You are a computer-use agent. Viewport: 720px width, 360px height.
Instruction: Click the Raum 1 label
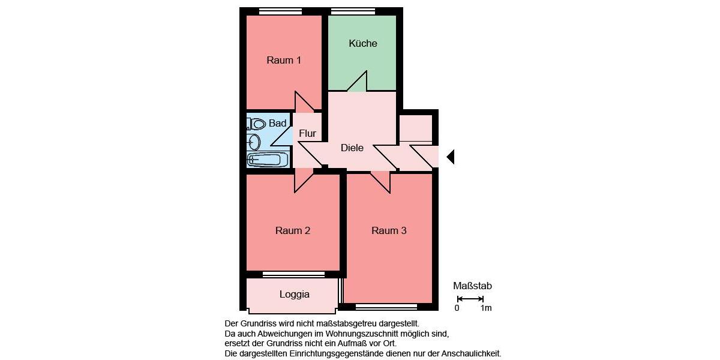click(284, 60)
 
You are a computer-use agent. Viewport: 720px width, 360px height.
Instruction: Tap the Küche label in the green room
click(363, 43)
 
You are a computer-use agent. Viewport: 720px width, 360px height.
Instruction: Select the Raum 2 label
click(293, 230)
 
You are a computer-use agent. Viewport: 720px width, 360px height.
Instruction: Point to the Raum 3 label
click(389, 230)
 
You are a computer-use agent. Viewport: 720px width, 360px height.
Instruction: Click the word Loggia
click(295, 295)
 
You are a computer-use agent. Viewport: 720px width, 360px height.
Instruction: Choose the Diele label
click(352, 148)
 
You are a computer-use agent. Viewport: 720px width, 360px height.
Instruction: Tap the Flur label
click(307, 134)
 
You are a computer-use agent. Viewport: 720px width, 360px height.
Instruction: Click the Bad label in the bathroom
click(277, 123)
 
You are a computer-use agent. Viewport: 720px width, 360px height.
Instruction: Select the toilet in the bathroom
click(257, 124)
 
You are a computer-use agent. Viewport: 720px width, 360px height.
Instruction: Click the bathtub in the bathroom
click(268, 160)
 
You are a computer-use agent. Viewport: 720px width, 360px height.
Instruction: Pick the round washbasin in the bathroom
click(254, 142)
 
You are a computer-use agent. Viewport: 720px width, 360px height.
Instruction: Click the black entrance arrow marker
click(451, 157)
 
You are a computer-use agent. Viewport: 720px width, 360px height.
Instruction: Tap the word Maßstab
click(472, 286)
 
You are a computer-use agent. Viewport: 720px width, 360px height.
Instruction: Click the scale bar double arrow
click(470, 298)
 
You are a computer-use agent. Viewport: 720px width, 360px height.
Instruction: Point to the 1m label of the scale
click(486, 308)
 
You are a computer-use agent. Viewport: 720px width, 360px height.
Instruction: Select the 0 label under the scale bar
click(457, 308)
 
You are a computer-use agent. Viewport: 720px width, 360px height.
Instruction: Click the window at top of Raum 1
click(280, 11)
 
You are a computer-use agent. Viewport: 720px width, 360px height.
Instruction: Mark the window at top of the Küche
click(353, 11)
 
